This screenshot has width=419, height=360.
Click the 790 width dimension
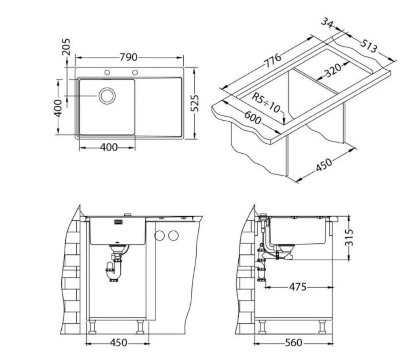point(128,57)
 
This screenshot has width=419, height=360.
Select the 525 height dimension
point(194,103)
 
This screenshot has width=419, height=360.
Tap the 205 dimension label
point(66,47)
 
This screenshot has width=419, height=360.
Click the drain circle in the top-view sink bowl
point(107,96)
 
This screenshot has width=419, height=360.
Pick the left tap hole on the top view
point(107,72)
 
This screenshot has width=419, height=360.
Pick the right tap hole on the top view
point(135,72)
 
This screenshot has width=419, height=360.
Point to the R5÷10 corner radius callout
point(266,103)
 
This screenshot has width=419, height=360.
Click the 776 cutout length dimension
point(273,61)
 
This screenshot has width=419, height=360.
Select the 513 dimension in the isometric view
point(369,46)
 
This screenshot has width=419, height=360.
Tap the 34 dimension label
point(328,23)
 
